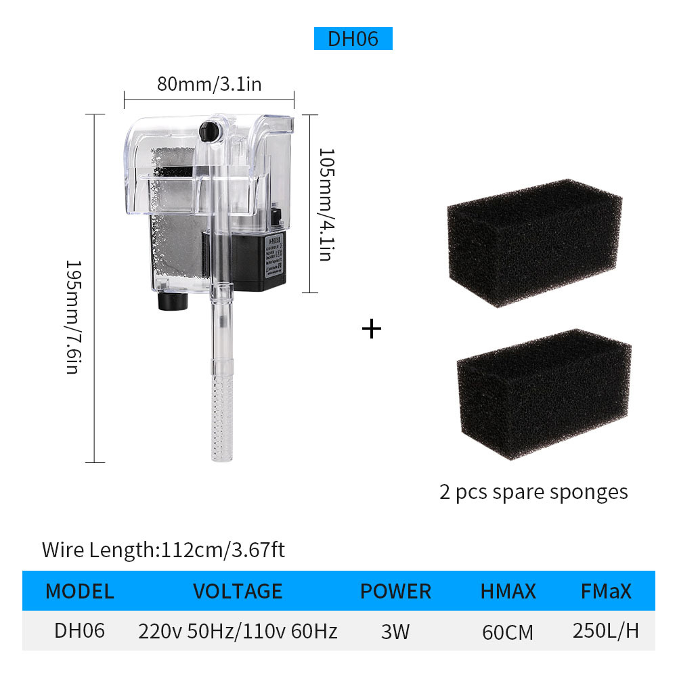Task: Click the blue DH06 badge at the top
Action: (x=353, y=39)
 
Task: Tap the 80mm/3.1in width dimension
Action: (x=209, y=84)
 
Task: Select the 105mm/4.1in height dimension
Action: (x=326, y=204)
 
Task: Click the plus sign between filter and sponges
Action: (x=372, y=329)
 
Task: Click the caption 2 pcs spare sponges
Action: (x=533, y=492)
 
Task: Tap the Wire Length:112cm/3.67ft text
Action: (x=163, y=550)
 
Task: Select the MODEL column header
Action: (x=79, y=591)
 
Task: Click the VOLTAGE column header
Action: (x=238, y=591)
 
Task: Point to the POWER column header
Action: (x=395, y=591)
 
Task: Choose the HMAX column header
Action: (x=508, y=591)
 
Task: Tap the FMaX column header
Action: (x=606, y=591)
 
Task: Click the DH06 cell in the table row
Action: (x=79, y=631)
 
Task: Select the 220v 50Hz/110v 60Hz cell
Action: (x=238, y=632)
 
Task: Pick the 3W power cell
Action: (x=395, y=632)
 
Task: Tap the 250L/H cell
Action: (x=606, y=631)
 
